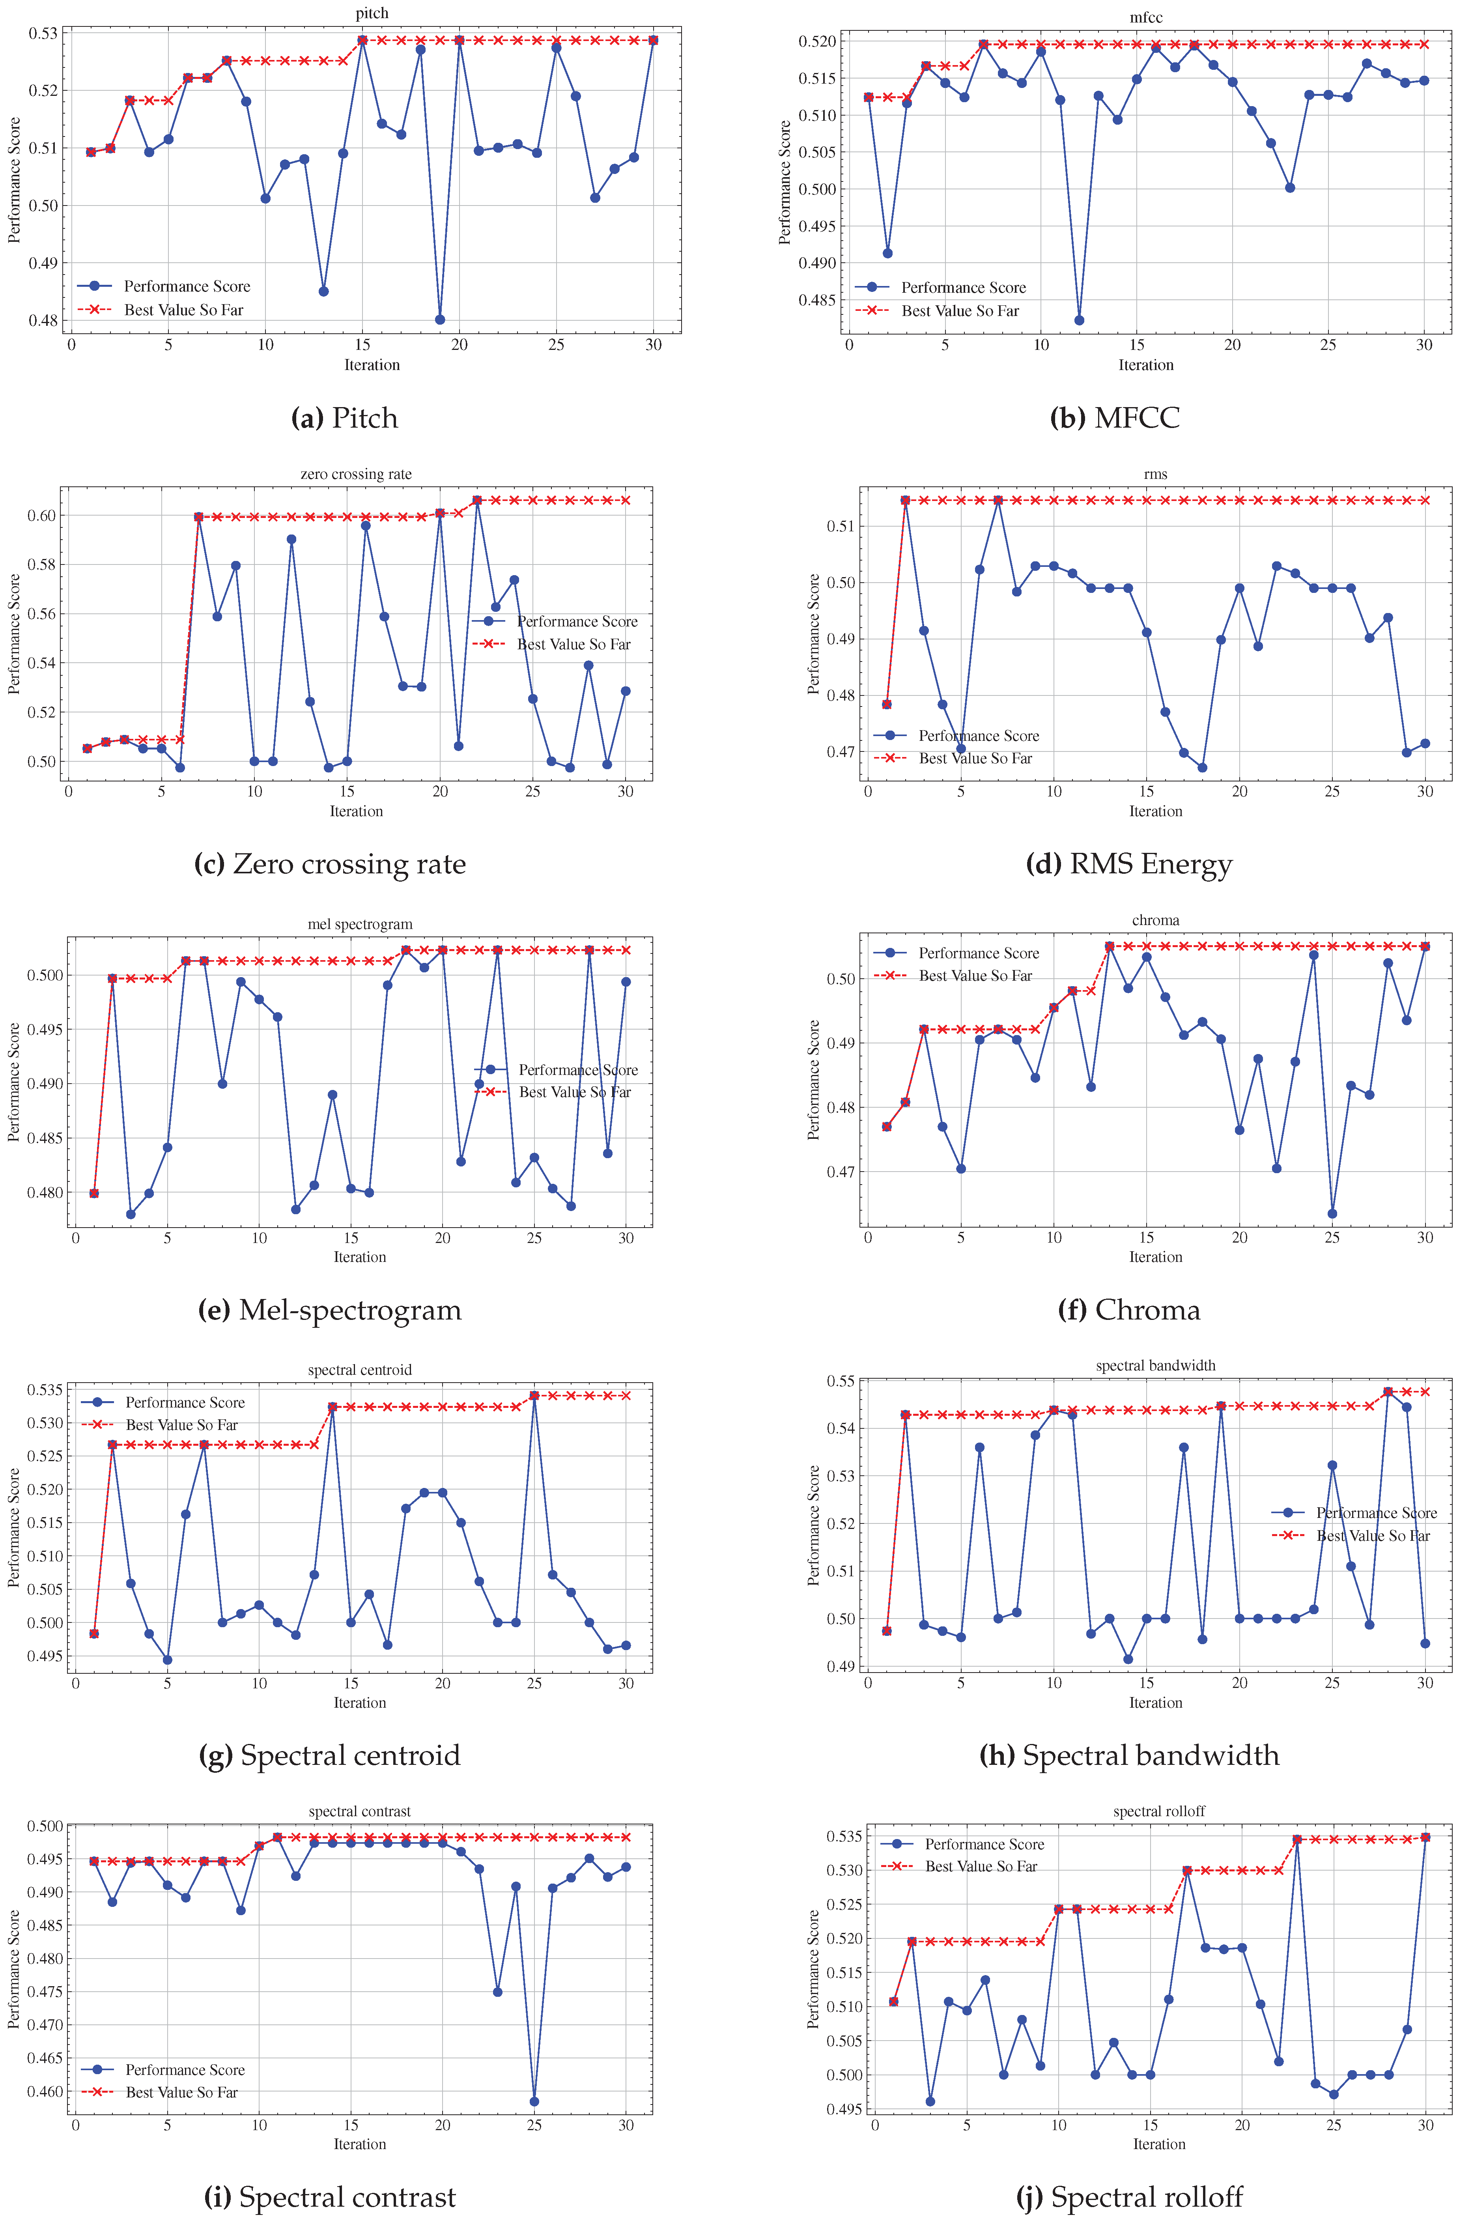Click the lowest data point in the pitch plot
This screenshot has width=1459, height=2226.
[439, 320]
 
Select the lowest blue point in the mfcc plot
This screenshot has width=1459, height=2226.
[1079, 320]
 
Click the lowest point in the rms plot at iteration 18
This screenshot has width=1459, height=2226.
[1202, 768]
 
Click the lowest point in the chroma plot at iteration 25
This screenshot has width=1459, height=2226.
[1332, 1214]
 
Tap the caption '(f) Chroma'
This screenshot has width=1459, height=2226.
[1129, 1309]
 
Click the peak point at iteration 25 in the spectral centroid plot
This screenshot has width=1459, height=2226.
[534, 1396]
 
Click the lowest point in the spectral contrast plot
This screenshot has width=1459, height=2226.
[534, 2102]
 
